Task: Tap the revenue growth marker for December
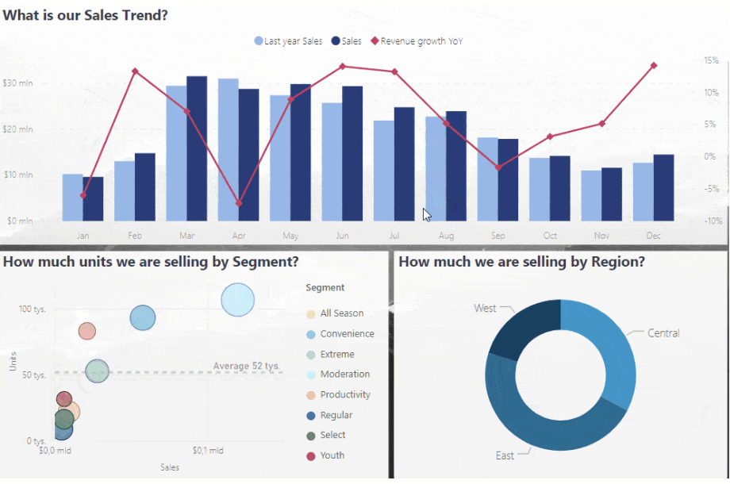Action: coord(654,65)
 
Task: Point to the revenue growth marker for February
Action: coord(135,71)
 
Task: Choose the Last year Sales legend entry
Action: coord(289,41)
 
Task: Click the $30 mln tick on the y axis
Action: coord(17,83)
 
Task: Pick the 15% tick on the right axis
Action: coord(712,60)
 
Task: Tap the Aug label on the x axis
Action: coord(446,236)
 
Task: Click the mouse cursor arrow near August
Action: coord(427,214)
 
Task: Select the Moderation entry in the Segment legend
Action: coord(344,375)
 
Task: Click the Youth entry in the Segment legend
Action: coord(332,455)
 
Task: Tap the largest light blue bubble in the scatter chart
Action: coord(238,300)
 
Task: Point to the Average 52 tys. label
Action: coord(247,366)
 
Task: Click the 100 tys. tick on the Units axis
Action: coord(33,309)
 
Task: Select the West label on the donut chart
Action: coord(485,308)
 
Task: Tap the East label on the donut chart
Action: coord(505,455)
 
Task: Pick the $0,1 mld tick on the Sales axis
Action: coord(208,451)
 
